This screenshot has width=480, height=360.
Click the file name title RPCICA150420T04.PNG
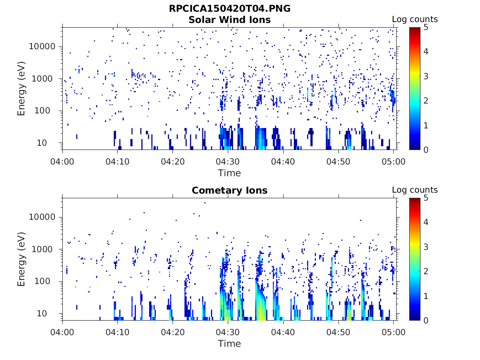[x=229, y=9]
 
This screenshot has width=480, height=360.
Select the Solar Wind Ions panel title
[x=229, y=20]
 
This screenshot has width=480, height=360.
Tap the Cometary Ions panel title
[x=229, y=190]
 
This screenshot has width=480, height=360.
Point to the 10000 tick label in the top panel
[x=43, y=46]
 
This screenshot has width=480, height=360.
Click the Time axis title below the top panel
[x=229, y=173]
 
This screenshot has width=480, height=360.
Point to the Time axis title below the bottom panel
[x=229, y=344]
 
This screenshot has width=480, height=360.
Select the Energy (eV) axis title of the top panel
[x=22, y=89]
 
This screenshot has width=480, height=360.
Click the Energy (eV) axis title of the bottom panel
[x=22, y=259]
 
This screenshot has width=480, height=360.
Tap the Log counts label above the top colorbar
[x=414, y=20]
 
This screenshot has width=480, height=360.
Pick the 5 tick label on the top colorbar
[x=426, y=28]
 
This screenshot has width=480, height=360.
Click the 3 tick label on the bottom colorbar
[x=426, y=247]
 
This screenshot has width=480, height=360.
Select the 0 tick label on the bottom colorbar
[x=426, y=320]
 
